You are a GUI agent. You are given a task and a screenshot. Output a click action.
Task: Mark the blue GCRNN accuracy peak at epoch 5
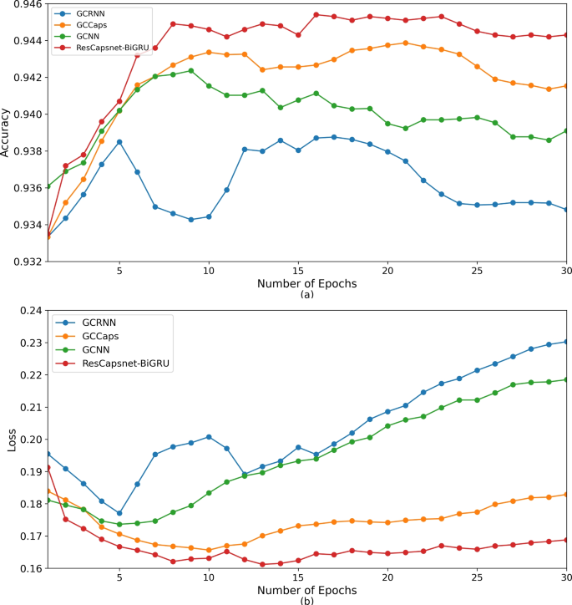(119, 142)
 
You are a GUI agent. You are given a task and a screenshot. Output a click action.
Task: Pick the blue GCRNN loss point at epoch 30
(566, 342)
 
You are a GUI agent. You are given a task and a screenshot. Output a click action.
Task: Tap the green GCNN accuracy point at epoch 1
(48, 186)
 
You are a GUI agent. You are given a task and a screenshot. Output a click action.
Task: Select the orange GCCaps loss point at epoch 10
(209, 550)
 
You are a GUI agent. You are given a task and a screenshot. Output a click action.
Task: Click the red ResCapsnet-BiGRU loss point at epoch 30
(566, 540)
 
